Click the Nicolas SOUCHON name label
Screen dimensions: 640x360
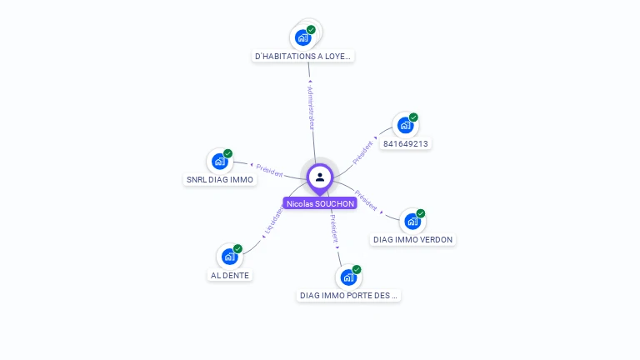point(320,203)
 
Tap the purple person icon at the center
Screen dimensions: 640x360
point(320,177)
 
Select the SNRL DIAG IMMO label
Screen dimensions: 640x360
point(219,179)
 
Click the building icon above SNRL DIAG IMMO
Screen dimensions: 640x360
point(220,161)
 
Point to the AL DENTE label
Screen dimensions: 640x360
point(229,275)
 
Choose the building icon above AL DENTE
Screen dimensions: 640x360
point(230,257)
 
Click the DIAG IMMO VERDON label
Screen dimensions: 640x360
point(412,239)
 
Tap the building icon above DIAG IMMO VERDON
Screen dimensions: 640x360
point(412,221)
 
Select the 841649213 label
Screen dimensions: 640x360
point(405,143)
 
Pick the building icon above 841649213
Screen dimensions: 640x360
point(405,125)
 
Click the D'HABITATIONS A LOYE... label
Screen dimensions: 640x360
point(303,56)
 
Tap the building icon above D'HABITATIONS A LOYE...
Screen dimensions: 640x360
point(303,37)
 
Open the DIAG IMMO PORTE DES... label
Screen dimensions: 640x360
point(349,295)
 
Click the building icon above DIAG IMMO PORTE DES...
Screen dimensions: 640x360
point(349,277)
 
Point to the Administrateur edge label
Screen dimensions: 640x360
point(311,106)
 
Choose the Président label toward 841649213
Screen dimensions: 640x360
point(363,151)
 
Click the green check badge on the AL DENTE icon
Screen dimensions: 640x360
point(237,249)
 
